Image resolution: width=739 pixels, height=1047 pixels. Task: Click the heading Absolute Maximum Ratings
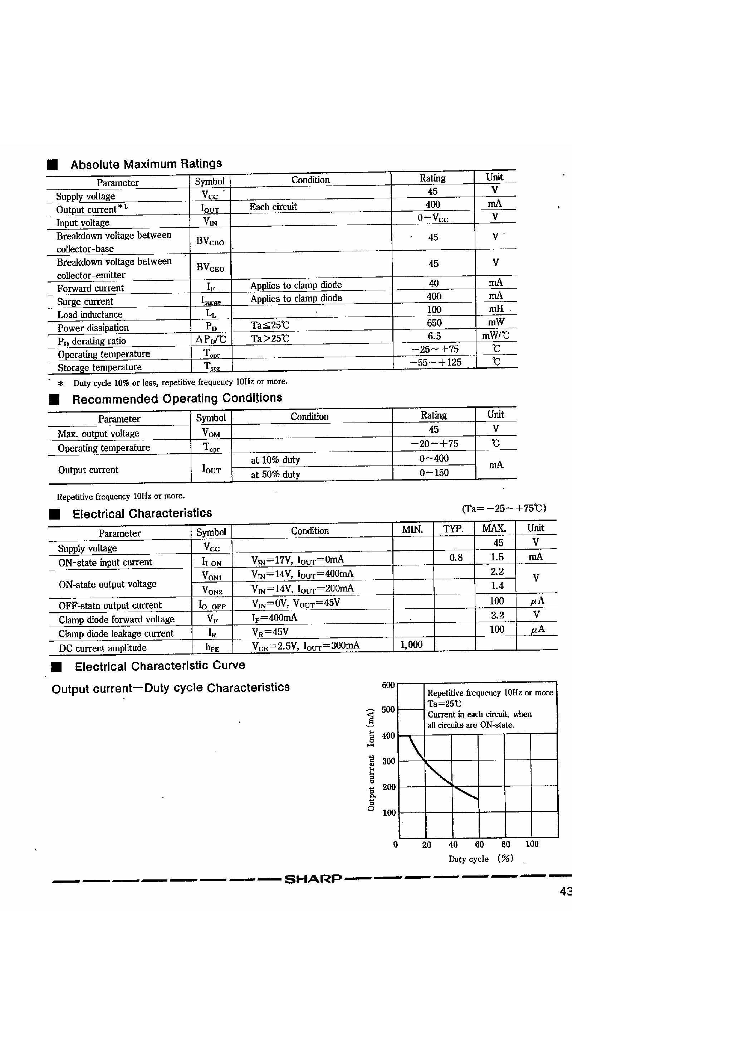tap(146, 164)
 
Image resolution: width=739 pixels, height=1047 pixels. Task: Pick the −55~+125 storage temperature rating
tap(436, 362)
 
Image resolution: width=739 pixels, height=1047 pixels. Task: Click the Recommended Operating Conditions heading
tap(177, 399)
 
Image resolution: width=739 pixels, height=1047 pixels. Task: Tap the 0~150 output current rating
tap(434, 472)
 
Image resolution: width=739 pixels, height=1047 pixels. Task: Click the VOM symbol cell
tap(210, 432)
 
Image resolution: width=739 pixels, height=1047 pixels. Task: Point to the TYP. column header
tap(453, 529)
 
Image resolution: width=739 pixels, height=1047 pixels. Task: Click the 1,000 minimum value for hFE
tap(411, 644)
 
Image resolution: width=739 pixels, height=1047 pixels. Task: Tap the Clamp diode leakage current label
tap(116, 633)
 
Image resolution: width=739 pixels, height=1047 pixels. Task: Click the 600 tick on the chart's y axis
tap(388, 685)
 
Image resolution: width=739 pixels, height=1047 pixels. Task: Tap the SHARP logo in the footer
tap(313, 879)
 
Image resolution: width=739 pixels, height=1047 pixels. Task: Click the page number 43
tap(566, 892)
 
